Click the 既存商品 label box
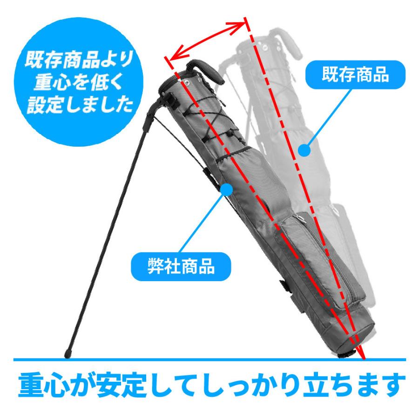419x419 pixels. [355, 75]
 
